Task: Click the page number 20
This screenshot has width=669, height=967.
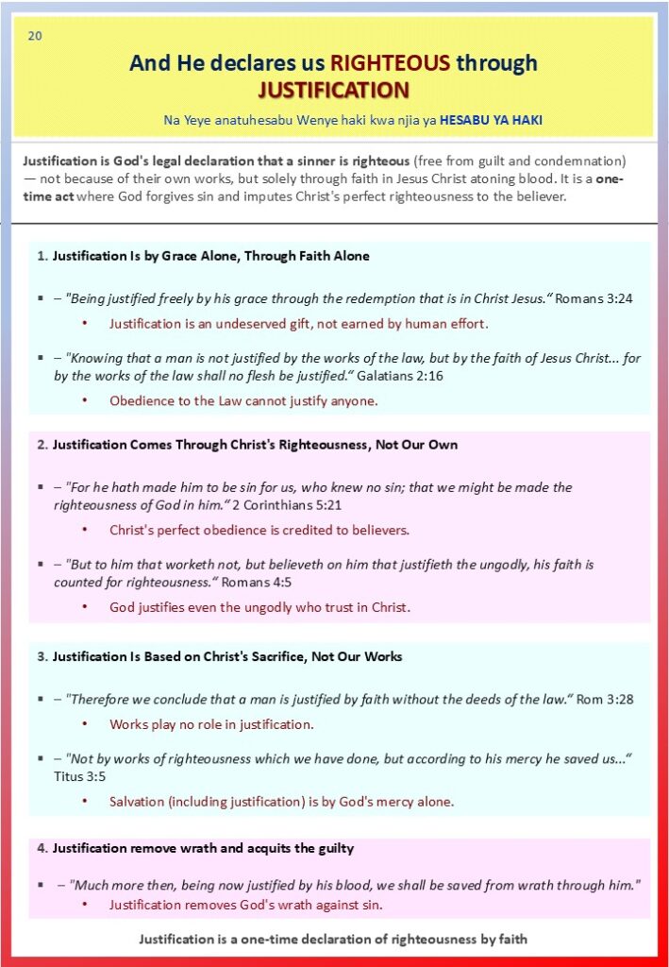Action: point(35,36)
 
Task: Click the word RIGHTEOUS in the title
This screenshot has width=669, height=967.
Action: point(389,63)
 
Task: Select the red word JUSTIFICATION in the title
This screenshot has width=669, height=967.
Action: point(333,90)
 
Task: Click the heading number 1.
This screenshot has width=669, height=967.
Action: point(42,256)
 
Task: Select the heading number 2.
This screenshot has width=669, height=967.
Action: point(42,444)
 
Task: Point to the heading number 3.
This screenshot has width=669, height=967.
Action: point(42,656)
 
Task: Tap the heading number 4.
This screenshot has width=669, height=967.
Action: point(42,848)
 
